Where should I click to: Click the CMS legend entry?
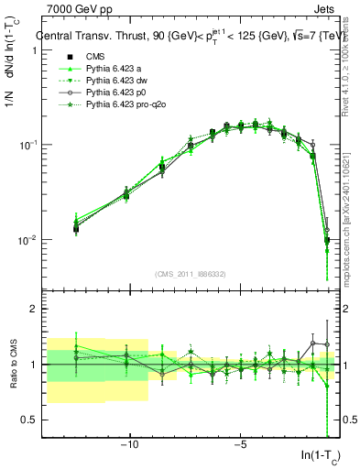tap(96, 57)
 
